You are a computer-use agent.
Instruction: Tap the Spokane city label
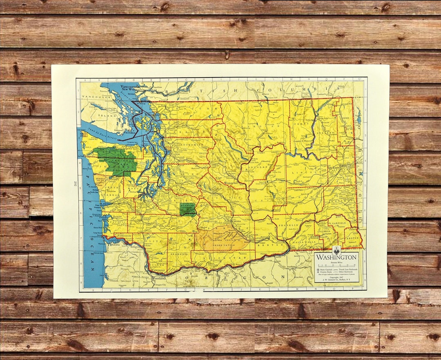[336, 167]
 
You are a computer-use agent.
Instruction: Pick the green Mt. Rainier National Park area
[188, 209]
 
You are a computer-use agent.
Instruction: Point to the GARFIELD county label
[339, 223]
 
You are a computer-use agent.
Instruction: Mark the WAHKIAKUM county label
[124, 236]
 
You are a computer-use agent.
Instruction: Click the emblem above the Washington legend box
[336, 250]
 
